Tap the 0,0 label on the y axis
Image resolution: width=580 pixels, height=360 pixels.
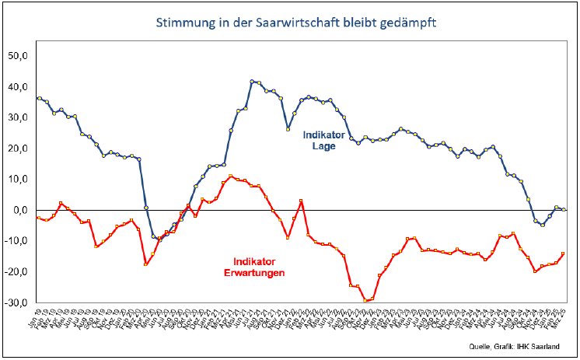pyautogui.click(x=21, y=210)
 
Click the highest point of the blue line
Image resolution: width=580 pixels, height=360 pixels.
pyautogui.click(x=252, y=81)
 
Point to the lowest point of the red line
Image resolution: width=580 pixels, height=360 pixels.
pyautogui.click(x=365, y=301)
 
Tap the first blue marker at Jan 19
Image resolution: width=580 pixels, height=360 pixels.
pyautogui.click(x=39, y=98)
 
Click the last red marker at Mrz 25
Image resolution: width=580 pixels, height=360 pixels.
pyautogui.click(x=563, y=253)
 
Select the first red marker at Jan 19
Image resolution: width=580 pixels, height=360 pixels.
pyautogui.click(x=39, y=218)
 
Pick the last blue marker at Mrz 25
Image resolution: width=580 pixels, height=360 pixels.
pyautogui.click(x=563, y=209)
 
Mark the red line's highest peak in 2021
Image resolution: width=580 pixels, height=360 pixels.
pyautogui.click(x=230, y=177)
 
